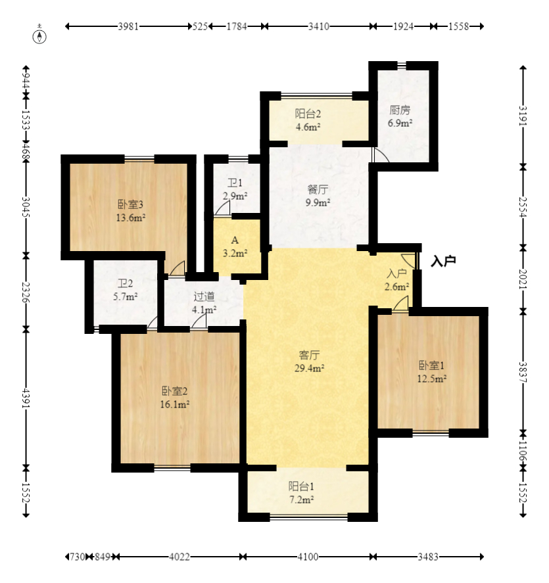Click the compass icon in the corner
coord(39,36)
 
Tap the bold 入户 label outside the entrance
coord(443,262)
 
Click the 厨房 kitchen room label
coord(400,110)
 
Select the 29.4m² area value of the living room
coord(309,368)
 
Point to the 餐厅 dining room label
coord(318,190)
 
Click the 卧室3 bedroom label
coord(130,204)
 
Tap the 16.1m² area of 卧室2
coord(175,404)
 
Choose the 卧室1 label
coord(431,365)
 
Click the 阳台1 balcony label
coord(301,486)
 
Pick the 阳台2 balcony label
coord(308,114)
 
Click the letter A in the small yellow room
coord(235,240)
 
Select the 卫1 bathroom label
coord(235,183)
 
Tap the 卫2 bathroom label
coord(126,284)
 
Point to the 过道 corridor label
coord(204,296)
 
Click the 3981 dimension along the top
coord(128,26)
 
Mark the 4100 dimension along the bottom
coord(308,557)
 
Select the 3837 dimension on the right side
coord(523,372)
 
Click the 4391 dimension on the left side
coord(26,398)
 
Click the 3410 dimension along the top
coord(319,26)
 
